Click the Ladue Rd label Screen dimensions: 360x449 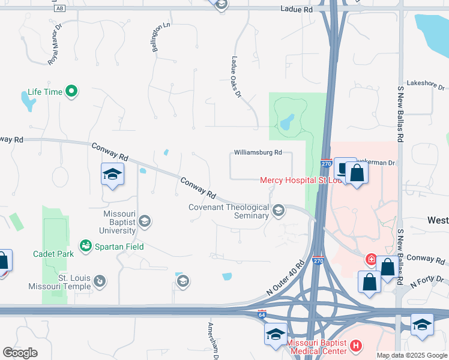297,10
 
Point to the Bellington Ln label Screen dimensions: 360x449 157,37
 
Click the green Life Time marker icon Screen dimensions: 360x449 72,92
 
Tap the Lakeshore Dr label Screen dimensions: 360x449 424,83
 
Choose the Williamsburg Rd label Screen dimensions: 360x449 258,153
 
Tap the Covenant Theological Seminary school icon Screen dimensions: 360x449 278,210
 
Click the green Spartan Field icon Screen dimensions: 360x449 86,245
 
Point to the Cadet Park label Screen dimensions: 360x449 53,254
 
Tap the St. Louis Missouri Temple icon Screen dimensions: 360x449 100,280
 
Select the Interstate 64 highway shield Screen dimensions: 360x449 262,313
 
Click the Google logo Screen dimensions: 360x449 20,352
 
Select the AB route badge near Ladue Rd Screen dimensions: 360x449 59,9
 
